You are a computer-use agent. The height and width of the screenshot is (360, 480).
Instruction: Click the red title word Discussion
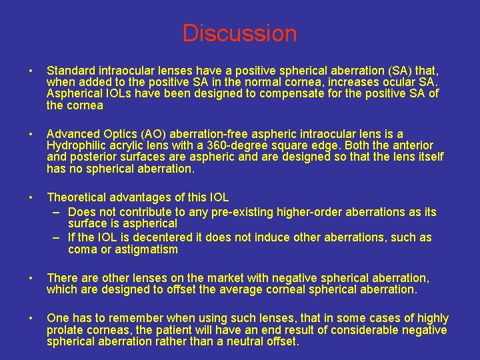point(239,33)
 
